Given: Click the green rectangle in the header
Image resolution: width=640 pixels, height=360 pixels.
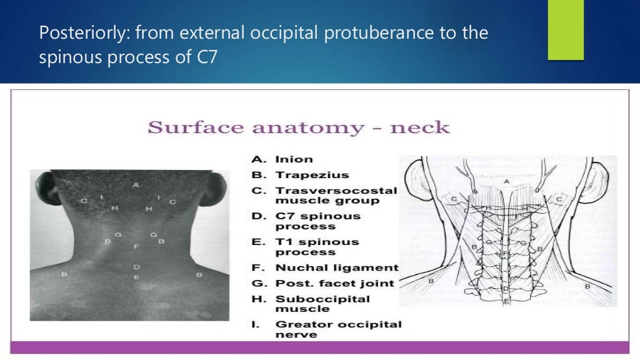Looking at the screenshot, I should tap(565, 30).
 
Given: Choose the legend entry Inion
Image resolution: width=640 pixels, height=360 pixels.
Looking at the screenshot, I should tap(294, 159).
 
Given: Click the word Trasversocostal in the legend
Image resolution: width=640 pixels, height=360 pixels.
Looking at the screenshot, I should tap(336, 190).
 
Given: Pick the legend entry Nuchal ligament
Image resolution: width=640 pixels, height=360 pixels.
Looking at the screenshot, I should tap(336, 267).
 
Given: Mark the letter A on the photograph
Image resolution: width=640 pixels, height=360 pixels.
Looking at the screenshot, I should tap(136, 186).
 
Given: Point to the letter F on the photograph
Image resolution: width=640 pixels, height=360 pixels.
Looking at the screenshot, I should tap(136, 247).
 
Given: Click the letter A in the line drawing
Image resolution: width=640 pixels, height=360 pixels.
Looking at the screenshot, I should tap(507, 181).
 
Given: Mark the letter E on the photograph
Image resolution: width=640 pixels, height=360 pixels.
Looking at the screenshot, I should tap(136, 277).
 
